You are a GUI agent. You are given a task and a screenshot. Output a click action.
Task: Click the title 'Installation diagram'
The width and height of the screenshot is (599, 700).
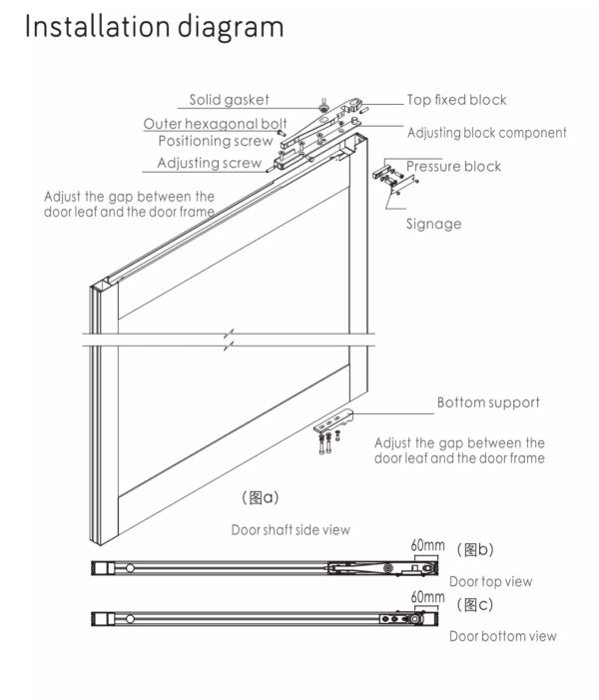154,27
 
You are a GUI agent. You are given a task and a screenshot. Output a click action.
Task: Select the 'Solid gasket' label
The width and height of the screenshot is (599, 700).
229,100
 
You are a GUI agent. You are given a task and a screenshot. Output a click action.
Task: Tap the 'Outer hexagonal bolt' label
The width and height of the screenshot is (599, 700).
215,124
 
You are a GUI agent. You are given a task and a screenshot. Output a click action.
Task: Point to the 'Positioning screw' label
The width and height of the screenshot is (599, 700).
215,141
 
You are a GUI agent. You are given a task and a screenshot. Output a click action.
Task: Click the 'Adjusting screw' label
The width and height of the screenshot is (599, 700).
209,163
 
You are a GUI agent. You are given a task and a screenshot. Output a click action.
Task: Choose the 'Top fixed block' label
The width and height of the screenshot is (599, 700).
456,100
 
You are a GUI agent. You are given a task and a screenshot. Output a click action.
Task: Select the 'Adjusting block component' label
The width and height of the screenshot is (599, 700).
486,133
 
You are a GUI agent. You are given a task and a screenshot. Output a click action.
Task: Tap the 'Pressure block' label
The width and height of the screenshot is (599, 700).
453,166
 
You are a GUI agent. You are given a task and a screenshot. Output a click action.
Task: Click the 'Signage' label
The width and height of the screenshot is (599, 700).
433,224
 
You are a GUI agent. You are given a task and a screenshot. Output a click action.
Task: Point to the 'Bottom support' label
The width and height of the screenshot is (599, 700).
488,403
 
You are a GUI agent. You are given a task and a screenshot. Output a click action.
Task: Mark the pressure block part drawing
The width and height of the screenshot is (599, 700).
390,178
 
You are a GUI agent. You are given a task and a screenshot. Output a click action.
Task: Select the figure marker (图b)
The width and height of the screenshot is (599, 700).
474,549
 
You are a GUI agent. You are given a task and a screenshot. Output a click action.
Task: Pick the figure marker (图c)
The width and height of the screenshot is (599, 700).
474,604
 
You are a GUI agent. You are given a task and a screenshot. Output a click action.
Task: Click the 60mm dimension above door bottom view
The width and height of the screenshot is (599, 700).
427,597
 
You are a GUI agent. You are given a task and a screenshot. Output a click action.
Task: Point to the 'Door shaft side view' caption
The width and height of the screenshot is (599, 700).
291,529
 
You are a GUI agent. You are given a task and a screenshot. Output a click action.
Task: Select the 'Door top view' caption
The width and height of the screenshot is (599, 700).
490,581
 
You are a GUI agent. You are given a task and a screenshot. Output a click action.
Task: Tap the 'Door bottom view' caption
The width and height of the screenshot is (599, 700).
502,636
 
